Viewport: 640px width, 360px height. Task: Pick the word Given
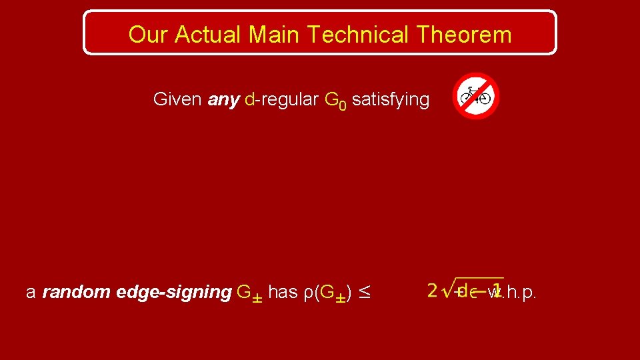177,100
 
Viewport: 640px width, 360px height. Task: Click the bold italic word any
223,101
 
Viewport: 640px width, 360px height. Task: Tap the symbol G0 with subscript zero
335,101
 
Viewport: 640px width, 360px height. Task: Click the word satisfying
391,101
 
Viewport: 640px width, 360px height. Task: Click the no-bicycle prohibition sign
475,96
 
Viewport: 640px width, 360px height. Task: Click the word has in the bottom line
283,292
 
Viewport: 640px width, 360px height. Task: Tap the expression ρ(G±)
327,293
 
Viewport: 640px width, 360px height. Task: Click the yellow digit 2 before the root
433,291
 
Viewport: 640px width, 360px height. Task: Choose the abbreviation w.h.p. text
513,292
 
